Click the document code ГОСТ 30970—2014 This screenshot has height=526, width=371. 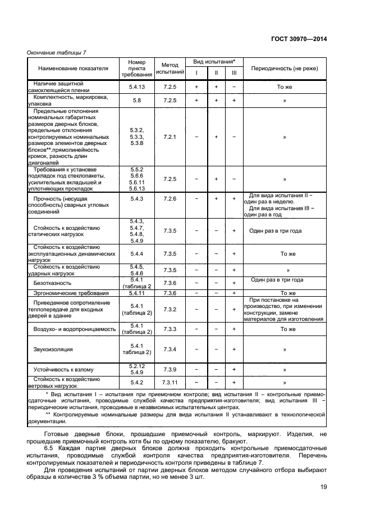[300, 39]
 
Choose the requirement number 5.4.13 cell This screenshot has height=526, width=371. [137, 87]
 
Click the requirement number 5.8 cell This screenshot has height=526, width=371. [137, 101]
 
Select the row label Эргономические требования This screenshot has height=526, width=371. [71, 293]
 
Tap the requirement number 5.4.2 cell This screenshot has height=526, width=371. [137, 382]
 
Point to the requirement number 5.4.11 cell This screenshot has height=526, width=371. [137, 293]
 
